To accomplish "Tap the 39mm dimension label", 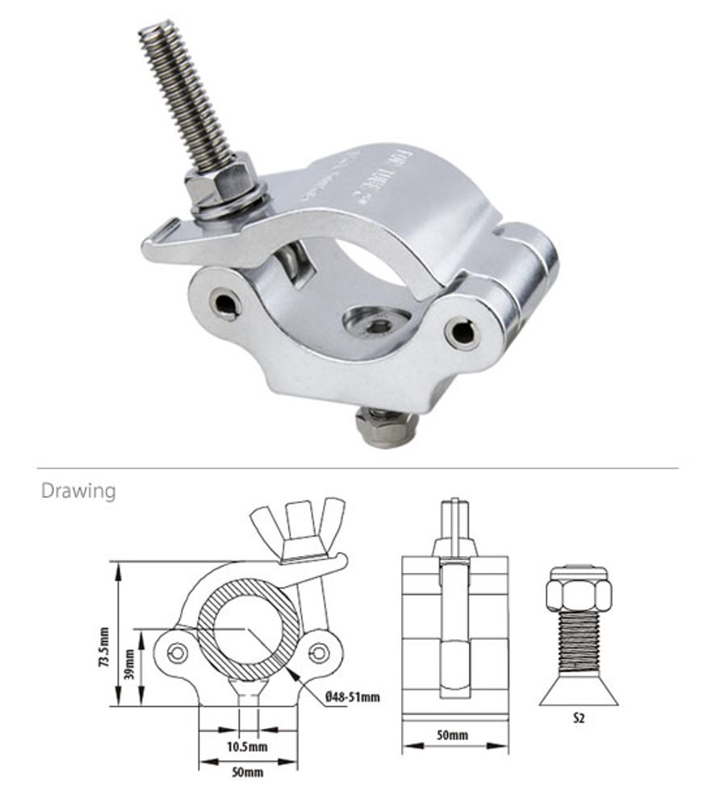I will (x=129, y=664).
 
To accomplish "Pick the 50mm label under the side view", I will (x=454, y=735).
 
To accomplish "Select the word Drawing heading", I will (x=78, y=491).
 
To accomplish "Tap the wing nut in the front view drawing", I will (x=298, y=525).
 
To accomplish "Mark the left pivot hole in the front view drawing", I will (x=177, y=652).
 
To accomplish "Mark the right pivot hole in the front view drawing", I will (x=320, y=652).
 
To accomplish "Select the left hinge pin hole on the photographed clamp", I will (x=224, y=303).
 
